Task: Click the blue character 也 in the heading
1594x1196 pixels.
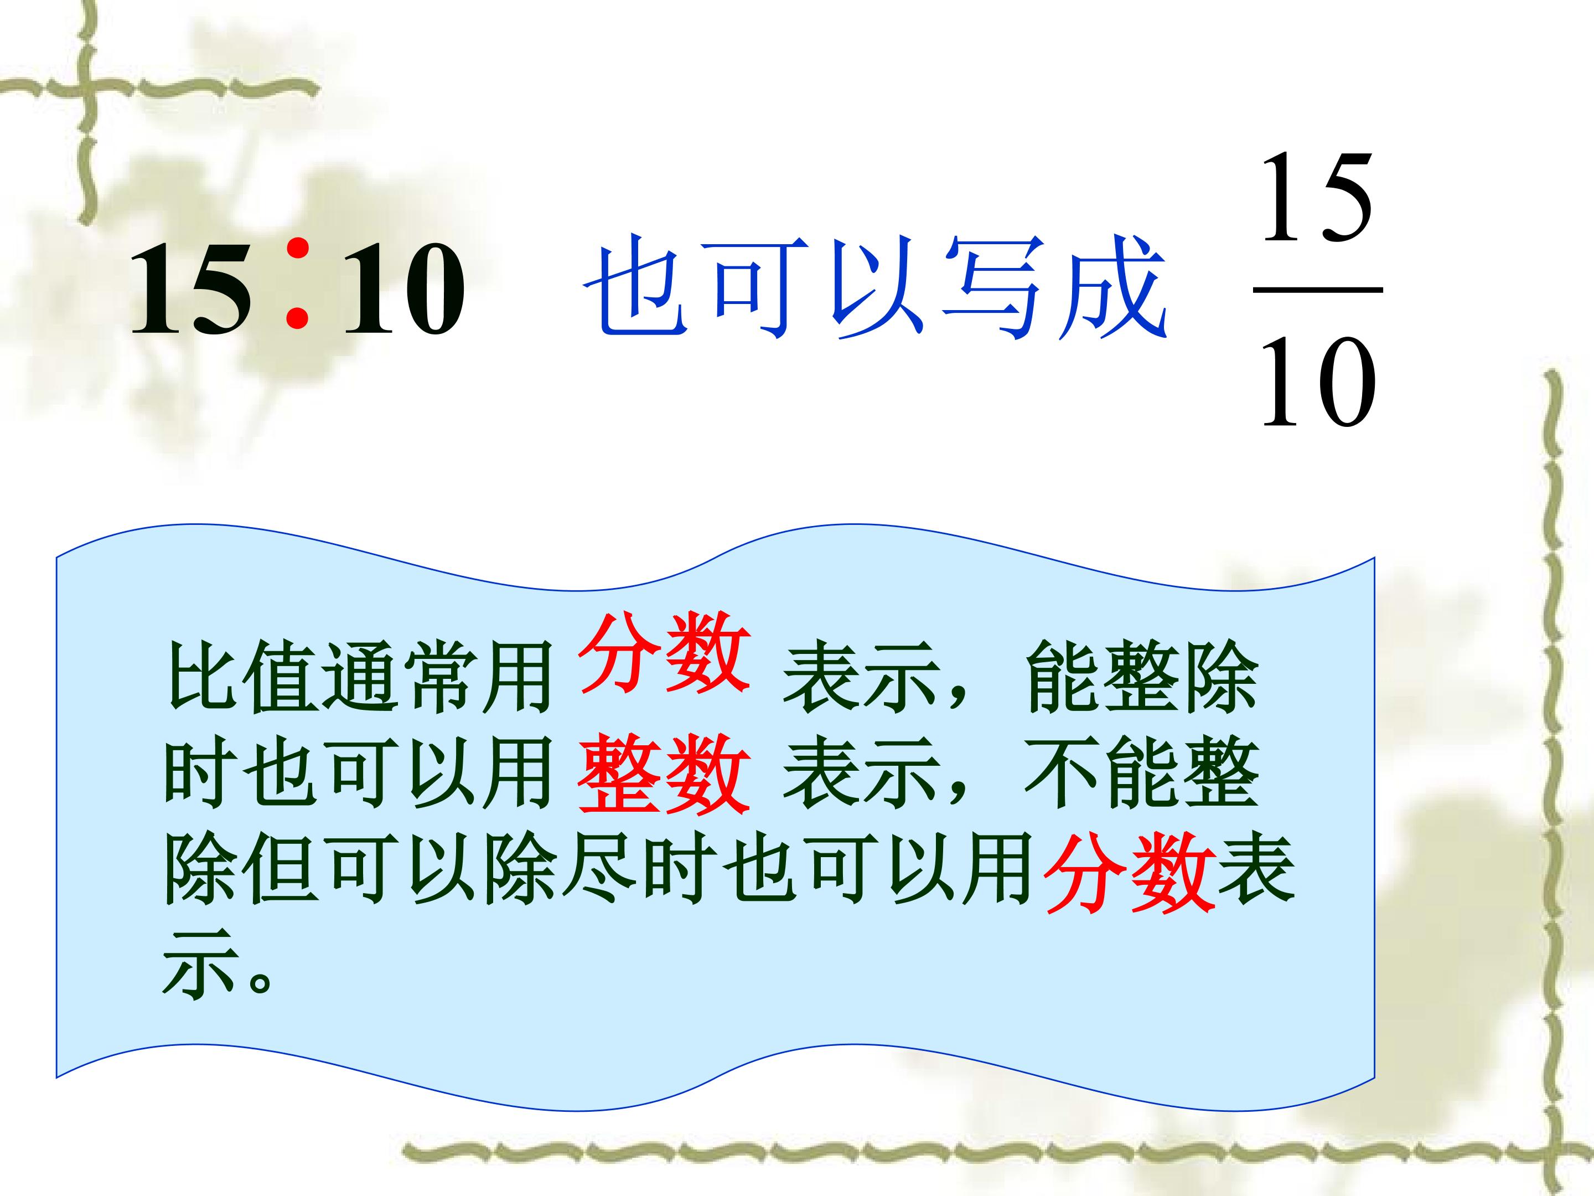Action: tap(634, 288)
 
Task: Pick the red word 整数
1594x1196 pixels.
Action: tap(663, 776)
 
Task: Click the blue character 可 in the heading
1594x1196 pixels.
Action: tap(754, 288)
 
